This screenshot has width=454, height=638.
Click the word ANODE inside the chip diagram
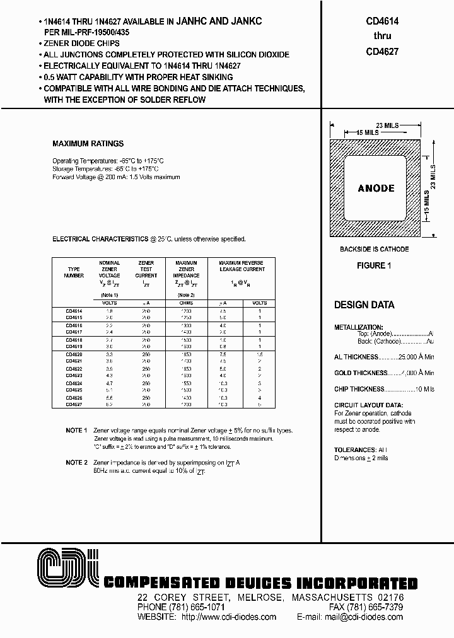click(x=376, y=188)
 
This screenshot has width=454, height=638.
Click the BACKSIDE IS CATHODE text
click(x=375, y=250)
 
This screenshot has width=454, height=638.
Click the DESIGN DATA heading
click(x=364, y=305)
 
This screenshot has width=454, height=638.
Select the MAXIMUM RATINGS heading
click(x=88, y=144)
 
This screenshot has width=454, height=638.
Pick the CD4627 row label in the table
click(x=74, y=405)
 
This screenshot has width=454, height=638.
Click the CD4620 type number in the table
click(x=74, y=356)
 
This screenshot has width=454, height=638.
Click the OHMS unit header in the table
click(x=185, y=303)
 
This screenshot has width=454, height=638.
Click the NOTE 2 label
click(x=76, y=462)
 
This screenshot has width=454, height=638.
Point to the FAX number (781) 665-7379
click(x=387, y=607)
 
